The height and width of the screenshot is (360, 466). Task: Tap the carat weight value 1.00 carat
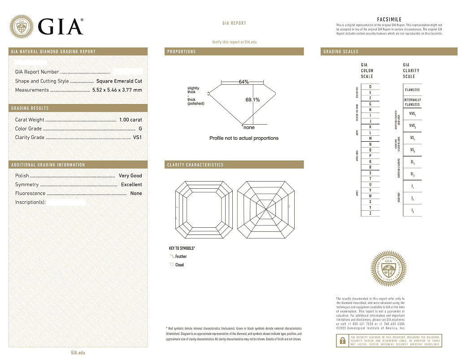[x=130, y=120]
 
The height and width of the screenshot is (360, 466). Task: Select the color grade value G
[x=140, y=129]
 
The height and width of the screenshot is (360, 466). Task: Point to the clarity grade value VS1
[x=137, y=138]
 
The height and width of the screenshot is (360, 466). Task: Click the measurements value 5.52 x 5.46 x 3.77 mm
[x=117, y=90]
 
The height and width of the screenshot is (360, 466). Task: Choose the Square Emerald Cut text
[x=119, y=81]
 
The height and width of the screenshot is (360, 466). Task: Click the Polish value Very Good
[x=130, y=176]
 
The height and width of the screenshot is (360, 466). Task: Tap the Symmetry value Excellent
[x=131, y=185]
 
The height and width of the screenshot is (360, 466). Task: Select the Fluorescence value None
[x=136, y=194]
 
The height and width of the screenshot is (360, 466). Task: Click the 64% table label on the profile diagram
[x=244, y=82]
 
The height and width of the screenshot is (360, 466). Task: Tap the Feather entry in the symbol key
[x=181, y=256]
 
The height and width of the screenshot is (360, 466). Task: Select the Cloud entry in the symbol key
[x=179, y=265]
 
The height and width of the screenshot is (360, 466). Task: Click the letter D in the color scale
[x=370, y=87]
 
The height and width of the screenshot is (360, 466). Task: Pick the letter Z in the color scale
[x=370, y=213]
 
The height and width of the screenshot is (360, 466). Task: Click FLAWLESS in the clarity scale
[x=412, y=90]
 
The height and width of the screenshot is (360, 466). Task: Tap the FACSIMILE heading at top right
[x=389, y=20]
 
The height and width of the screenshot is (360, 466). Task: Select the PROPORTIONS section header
[x=182, y=52]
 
